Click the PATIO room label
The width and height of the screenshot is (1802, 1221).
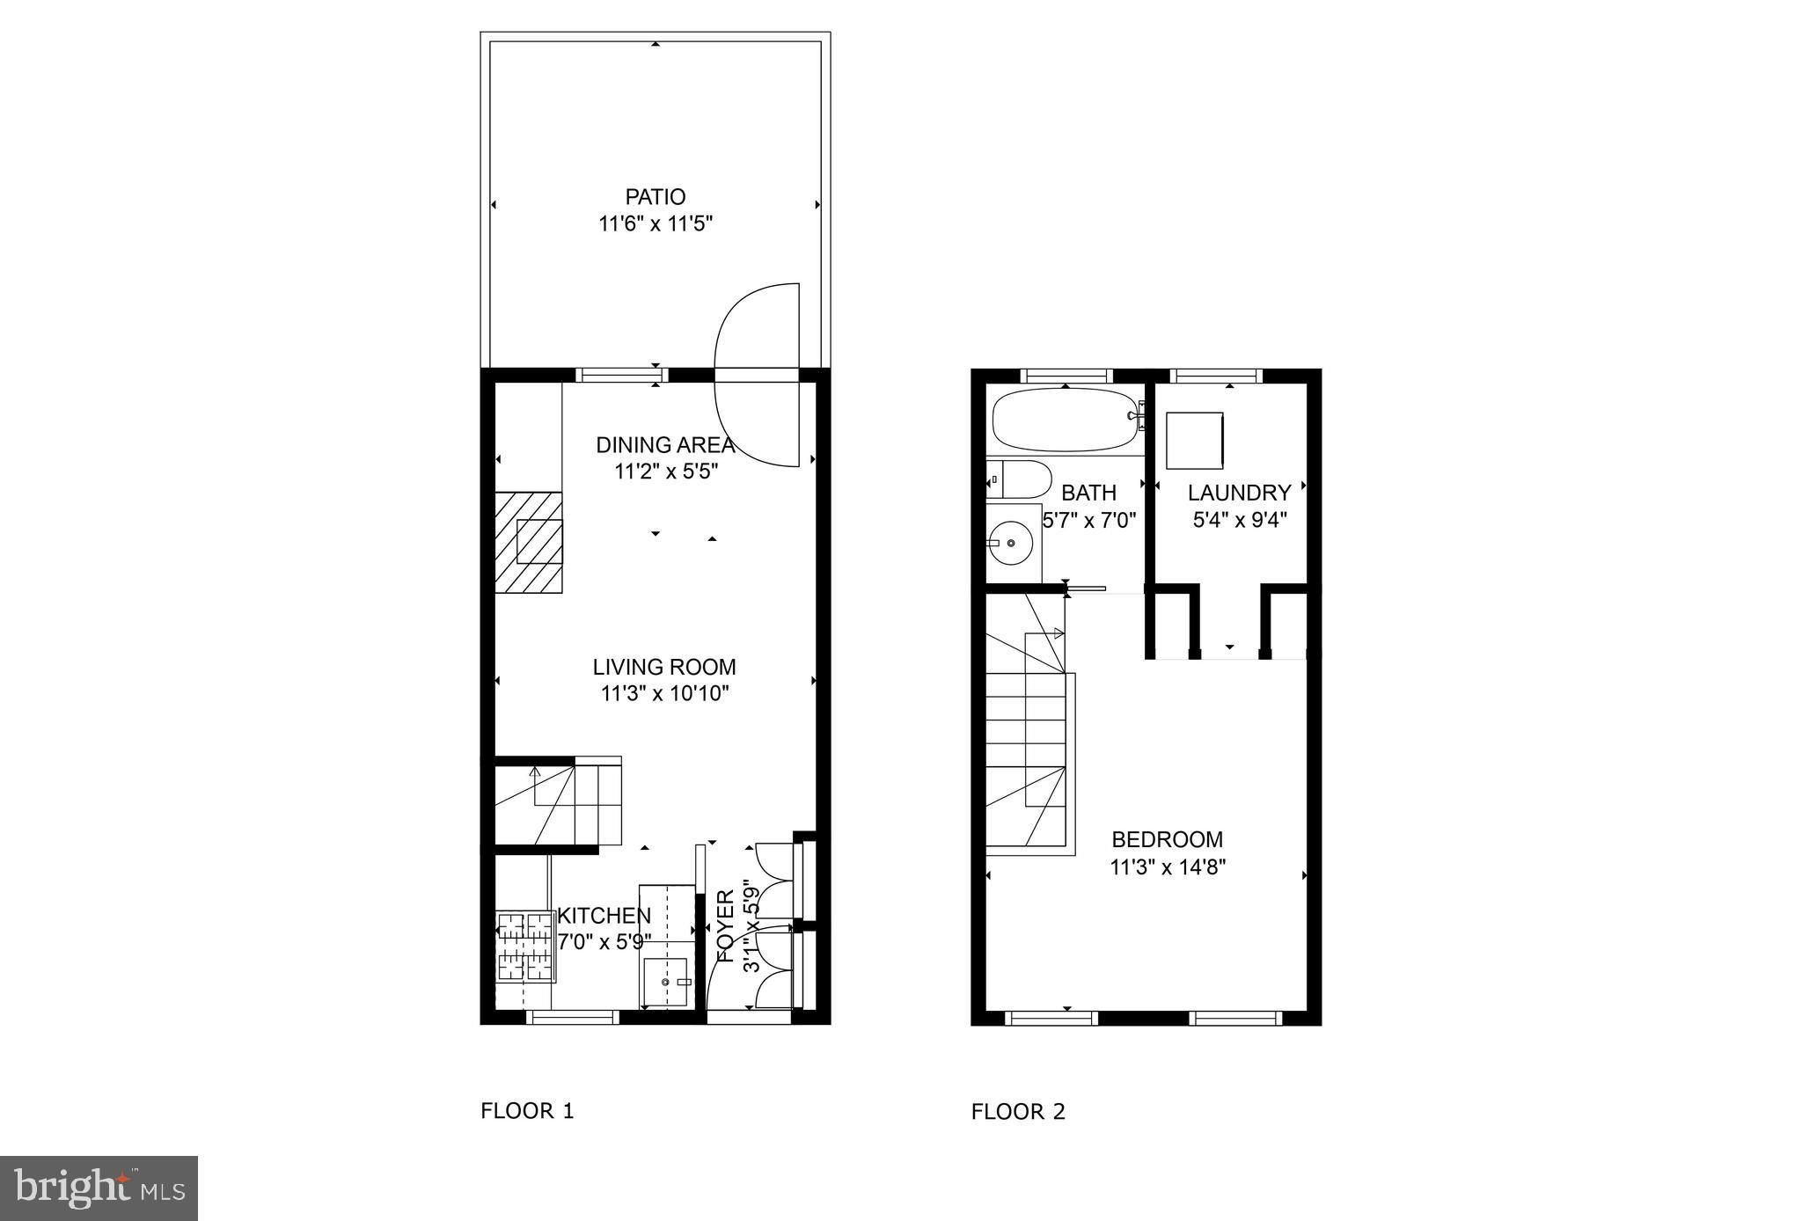tap(655, 197)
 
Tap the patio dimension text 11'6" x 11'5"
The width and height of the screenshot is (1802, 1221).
tap(655, 224)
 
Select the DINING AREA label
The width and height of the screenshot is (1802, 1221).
tap(665, 445)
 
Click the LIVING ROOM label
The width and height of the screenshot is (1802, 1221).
tap(664, 667)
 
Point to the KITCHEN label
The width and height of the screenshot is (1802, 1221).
tap(604, 916)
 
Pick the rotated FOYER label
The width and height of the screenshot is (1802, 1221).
tap(726, 925)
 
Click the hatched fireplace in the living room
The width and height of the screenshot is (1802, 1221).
tap(529, 542)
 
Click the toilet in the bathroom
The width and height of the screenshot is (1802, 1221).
tap(1018, 480)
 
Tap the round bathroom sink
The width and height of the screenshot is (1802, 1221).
tap(1013, 543)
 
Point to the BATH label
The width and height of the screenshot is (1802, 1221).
tap(1088, 493)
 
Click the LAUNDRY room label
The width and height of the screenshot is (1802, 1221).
tap(1240, 493)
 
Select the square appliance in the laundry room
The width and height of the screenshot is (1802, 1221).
tap(1195, 441)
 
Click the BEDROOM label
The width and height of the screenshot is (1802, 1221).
tap(1168, 839)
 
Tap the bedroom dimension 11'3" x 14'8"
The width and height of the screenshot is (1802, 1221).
tap(1168, 867)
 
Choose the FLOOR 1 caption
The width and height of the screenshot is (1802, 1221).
tap(527, 1111)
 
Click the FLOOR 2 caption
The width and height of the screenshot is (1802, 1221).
tap(1018, 1112)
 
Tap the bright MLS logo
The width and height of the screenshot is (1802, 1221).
tap(99, 1188)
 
